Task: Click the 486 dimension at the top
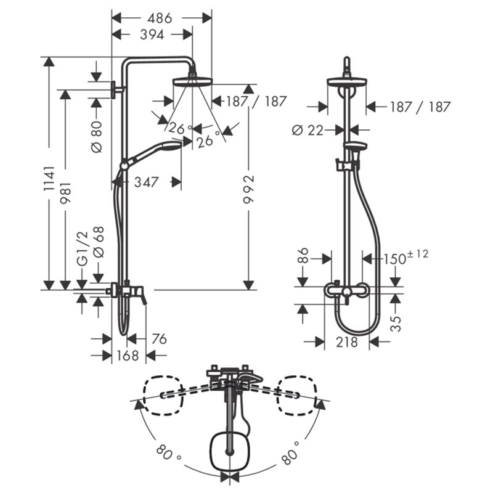[x=160, y=18]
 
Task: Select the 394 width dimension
[x=152, y=35]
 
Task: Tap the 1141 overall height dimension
[x=49, y=179]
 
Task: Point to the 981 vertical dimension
[x=66, y=193]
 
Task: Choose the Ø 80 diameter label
[x=97, y=137]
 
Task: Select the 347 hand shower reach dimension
[x=147, y=182]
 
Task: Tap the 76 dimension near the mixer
[x=159, y=339]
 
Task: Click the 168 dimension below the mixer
[x=128, y=356]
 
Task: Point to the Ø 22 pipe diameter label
[x=308, y=130]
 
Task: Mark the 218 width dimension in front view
[x=346, y=342]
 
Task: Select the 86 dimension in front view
[x=303, y=256]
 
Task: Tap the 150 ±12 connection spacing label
[x=405, y=257]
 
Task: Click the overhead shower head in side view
[x=192, y=81]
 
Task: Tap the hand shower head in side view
[x=171, y=145]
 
